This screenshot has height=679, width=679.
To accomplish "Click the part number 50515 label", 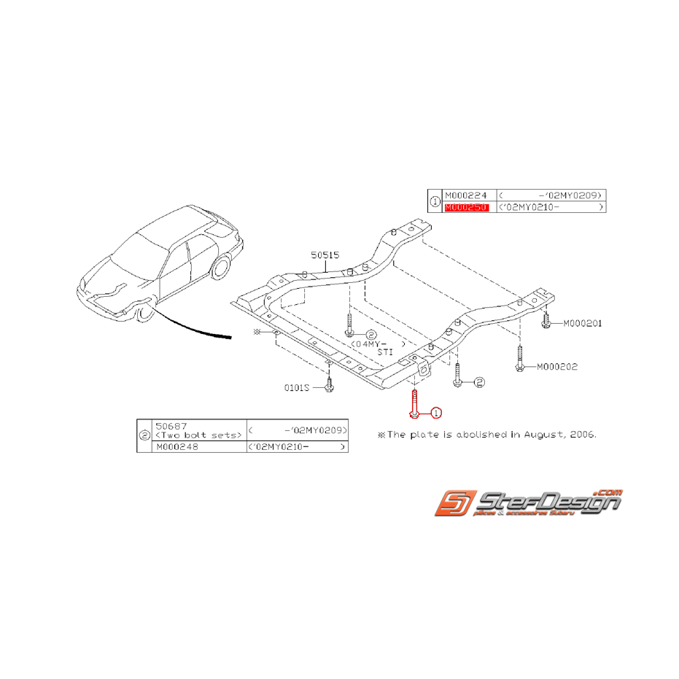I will click(x=326, y=255).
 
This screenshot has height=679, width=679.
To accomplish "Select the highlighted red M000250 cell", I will click(x=466, y=207).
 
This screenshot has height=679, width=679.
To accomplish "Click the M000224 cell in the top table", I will click(x=466, y=195).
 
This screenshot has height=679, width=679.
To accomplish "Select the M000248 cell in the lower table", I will click(x=176, y=446).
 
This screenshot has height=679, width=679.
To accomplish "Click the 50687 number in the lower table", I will click(x=171, y=425).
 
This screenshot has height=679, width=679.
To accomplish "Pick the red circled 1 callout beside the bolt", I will click(x=435, y=414).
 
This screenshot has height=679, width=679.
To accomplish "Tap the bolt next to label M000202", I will click(x=519, y=360).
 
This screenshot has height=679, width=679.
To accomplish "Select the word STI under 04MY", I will click(x=386, y=352).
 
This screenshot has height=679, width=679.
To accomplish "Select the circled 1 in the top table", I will click(x=435, y=201).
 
